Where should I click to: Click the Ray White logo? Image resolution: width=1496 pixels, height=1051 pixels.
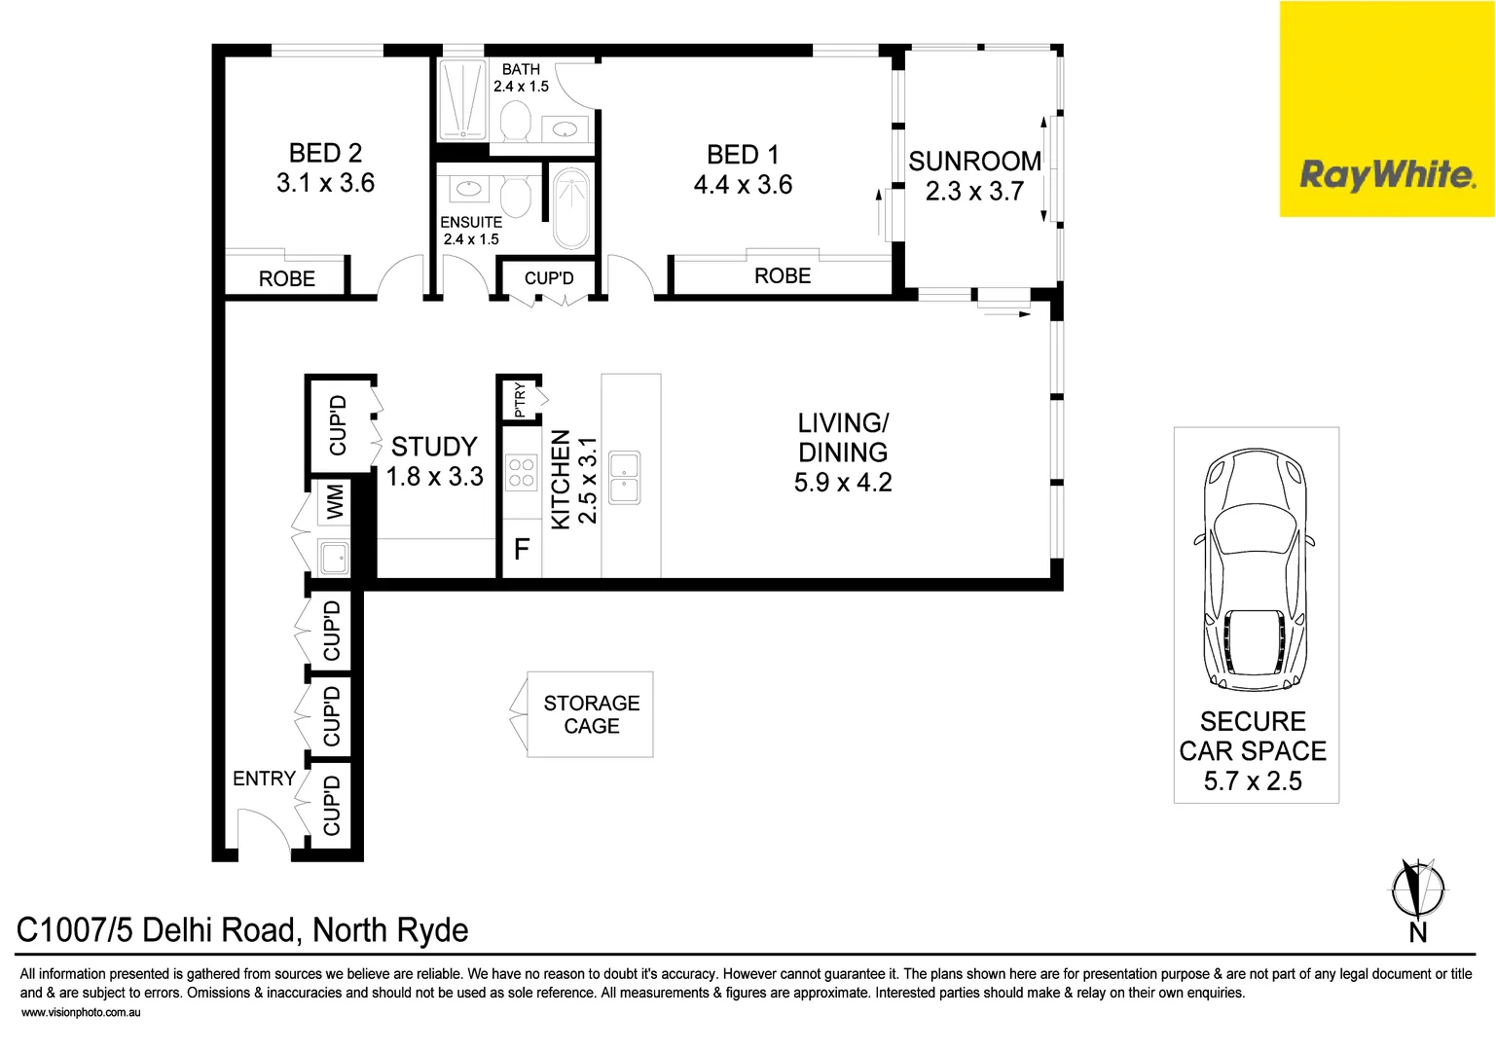pos(1387,175)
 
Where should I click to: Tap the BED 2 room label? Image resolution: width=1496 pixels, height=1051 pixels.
pos(325,154)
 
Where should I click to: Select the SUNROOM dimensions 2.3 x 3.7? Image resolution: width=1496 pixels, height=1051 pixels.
pos(974,192)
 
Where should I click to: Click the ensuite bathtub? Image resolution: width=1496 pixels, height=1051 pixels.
pos(571,208)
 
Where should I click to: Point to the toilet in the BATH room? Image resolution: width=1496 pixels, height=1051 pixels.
pos(515,123)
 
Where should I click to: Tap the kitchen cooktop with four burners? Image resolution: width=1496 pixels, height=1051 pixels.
pos(522,473)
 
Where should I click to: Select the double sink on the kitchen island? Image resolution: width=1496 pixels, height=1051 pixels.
pos(624,477)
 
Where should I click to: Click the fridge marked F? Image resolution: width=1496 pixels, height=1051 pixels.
pos(522,550)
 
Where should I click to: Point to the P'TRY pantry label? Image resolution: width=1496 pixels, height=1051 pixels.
pos(520,399)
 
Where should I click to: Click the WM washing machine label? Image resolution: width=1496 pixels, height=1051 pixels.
pos(335,502)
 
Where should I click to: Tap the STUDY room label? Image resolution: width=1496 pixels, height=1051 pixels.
pos(434,447)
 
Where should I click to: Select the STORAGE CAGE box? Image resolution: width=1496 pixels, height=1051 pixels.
pos(591,714)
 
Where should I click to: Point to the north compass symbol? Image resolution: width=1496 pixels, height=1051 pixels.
pos(1418,890)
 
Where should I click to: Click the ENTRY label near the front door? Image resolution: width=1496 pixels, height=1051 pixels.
pos(264,779)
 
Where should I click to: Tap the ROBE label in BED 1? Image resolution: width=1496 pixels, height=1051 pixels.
pos(783,276)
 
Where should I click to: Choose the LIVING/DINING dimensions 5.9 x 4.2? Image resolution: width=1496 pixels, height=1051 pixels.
pos(843,483)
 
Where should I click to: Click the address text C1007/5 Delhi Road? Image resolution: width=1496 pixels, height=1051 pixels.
pos(242,930)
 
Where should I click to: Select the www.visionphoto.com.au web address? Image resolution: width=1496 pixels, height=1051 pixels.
pos(81,1013)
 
